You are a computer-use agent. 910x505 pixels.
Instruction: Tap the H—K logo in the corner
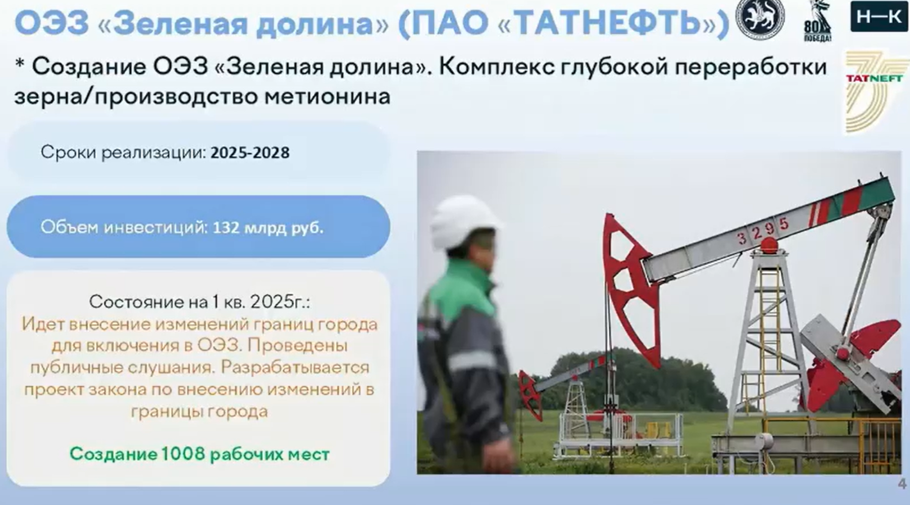click(x=879, y=16)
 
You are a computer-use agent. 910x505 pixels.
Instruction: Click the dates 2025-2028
click(x=250, y=152)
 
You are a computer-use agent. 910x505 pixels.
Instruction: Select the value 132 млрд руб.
click(x=268, y=228)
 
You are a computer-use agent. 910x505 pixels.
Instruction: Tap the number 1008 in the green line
click(x=184, y=454)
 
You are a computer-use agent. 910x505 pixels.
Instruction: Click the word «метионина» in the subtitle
click(x=328, y=96)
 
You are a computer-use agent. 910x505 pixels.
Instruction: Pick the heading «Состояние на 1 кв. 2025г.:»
click(x=199, y=302)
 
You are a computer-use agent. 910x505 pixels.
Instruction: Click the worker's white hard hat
click(x=465, y=222)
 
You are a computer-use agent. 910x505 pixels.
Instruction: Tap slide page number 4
click(x=902, y=484)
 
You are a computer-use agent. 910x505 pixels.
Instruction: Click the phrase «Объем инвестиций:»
click(x=124, y=228)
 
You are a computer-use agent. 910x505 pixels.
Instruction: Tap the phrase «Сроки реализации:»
click(x=123, y=152)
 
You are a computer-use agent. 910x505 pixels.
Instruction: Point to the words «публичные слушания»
click(x=124, y=368)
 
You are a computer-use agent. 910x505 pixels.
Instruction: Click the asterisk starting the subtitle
click(x=20, y=64)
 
